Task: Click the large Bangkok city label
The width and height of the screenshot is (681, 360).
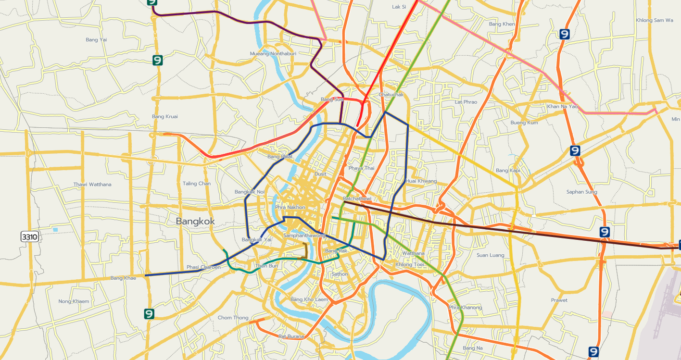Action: click(195, 221)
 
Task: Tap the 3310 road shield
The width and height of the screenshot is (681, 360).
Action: click(29, 236)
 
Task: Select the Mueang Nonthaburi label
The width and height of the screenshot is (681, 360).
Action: click(273, 53)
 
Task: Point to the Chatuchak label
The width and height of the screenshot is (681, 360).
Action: click(390, 95)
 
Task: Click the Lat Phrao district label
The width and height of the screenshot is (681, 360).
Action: click(466, 102)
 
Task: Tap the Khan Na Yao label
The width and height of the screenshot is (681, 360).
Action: click(562, 106)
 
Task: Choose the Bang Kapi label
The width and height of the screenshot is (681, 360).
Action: click(508, 171)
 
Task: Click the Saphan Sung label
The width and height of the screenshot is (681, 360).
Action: click(581, 192)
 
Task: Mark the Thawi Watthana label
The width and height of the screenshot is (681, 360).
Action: click(92, 185)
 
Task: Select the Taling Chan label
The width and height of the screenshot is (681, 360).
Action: click(197, 184)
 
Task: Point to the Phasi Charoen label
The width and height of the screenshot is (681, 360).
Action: click(203, 267)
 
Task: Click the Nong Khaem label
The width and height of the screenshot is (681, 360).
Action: click(74, 301)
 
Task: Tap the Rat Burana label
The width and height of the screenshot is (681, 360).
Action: click(291, 336)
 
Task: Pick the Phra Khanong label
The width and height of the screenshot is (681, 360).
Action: click(465, 307)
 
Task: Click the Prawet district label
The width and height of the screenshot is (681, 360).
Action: click(559, 300)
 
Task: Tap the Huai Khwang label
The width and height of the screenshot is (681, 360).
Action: click(421, 181)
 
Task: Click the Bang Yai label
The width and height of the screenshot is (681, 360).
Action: click(96, 40)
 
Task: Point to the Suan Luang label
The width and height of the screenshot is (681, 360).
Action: click(490, 255)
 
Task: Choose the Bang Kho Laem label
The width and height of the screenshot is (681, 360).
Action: click(309, 299)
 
